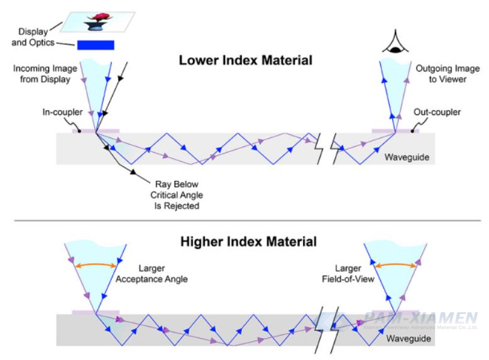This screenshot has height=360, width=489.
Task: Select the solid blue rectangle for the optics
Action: [x=96, y=44]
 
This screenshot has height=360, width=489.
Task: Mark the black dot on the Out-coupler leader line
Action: [x=412, y=131]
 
